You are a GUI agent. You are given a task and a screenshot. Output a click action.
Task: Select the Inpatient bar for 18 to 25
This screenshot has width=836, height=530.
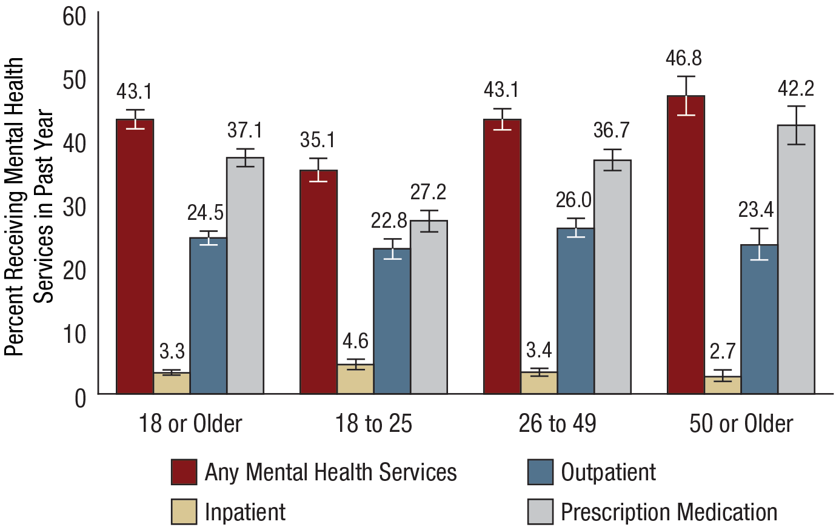[x=355, y=379]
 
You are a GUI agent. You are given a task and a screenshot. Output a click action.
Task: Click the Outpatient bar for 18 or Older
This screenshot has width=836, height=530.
[x=208, y=316]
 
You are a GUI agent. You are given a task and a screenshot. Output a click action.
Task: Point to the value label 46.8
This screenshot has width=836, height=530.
[x=685, y=59]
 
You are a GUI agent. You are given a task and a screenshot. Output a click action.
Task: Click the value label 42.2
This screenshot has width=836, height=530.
[x=795, y=89]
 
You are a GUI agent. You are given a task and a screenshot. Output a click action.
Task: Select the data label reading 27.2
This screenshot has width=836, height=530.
[x=428, y=192]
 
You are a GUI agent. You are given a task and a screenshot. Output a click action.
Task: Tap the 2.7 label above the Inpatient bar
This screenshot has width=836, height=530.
[x=722, y=351]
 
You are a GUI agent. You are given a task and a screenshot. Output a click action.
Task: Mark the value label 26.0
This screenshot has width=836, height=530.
[x=575, y=200]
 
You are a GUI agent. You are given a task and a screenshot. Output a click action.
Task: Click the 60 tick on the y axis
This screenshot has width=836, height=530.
[x=75, y=17]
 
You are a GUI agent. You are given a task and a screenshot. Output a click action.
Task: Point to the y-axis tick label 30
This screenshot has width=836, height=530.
[x=75, y=207]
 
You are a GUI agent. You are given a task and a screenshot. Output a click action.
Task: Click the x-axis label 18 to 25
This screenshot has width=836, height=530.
[x=373, y=424]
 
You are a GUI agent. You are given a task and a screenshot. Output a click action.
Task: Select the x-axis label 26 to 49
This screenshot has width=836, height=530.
[x=557, y=424]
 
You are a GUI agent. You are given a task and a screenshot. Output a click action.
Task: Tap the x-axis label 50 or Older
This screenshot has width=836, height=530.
[x=741, y=424]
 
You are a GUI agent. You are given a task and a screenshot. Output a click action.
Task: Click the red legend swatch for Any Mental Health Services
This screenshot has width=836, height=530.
[x=184, y=472]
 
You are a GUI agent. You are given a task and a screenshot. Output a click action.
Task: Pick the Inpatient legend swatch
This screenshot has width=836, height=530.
[x=184, y=512]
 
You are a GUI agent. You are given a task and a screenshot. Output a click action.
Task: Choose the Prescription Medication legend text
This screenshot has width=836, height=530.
[x=669, y=512]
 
